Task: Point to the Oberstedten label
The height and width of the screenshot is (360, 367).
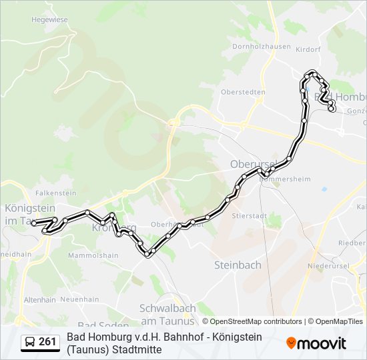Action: (244, 92)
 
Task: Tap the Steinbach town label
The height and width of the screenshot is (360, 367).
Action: (238, 265)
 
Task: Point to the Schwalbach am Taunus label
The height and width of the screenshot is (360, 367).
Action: (167, 314)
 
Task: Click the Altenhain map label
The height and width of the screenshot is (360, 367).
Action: (40, 301)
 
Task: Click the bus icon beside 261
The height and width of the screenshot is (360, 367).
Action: (30, 343)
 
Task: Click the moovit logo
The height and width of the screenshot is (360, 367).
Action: (316, 343)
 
